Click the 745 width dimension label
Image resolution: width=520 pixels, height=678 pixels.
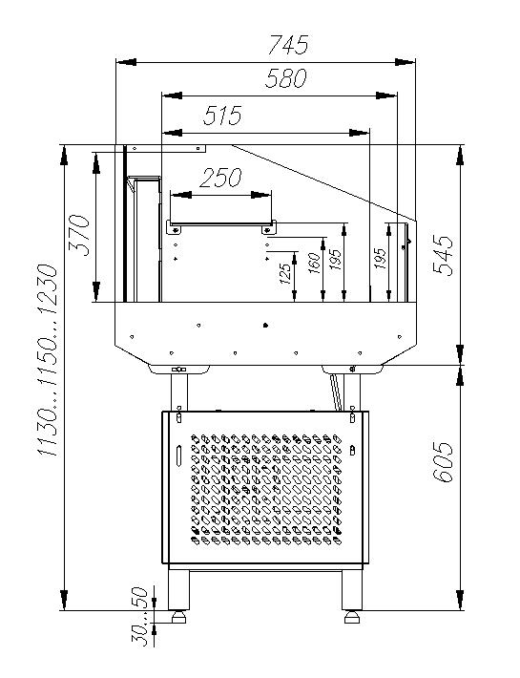point(288,45)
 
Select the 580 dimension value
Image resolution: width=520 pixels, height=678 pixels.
point(286,78)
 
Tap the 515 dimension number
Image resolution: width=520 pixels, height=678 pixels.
point(222,116)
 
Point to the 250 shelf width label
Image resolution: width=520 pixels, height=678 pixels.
point(220,178)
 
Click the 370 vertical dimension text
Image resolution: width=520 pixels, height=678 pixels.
point(79,234)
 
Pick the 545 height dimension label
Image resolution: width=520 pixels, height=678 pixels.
point(443,255)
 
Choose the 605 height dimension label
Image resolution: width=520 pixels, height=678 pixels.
point(443,462)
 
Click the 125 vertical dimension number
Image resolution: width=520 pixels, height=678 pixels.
point(285,274)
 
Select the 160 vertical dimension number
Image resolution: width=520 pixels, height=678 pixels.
point(315,263)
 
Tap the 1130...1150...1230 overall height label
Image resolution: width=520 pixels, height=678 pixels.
point(48,361)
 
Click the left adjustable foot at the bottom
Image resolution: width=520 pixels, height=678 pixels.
point(178,618)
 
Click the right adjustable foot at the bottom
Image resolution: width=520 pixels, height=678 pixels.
point(352,618)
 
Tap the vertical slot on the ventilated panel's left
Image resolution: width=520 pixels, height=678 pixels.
point(178,455)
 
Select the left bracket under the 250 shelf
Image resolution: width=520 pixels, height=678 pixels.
point(175,228)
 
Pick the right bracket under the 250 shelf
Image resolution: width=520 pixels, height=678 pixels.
point(269,228)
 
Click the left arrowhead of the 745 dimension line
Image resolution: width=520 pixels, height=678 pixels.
point(126,62)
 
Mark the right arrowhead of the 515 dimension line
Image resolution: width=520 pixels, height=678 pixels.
point(360,133)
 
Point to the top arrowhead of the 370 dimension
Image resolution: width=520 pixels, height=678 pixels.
point(96,162)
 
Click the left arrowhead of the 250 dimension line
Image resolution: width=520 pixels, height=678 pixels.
point(181,196)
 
